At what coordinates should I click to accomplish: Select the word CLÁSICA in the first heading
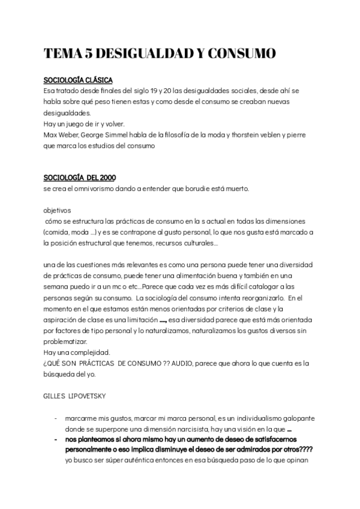pyautogui.click(x=97, y=80)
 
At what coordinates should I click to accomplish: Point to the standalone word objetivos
pyautogui.click(x=58, y=211)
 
